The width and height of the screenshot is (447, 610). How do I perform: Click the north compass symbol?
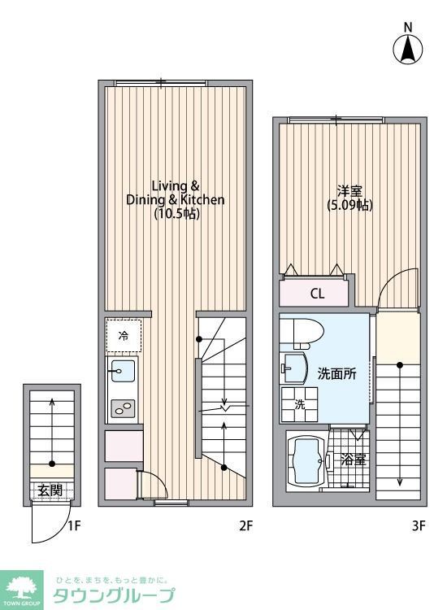pyautogui.click(x=408, y=48)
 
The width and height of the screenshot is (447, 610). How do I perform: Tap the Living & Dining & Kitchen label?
pyautogui.click(x=176, y=192)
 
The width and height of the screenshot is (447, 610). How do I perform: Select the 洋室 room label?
pyautogui.click(x=349, y=192)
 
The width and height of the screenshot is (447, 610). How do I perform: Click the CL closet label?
pyautogui.click(x=317, y=294)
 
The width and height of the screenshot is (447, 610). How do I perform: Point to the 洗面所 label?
pyautogui.click(x=336, y=374)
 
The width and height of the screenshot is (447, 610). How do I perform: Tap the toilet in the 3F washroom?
pyautogui.click(x=302, y=333)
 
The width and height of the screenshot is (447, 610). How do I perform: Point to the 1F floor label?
pyautogui.click(x=74, y=525)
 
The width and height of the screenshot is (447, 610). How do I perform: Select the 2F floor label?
pyautogui.click(x=246, y=525)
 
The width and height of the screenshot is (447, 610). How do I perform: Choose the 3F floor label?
pyautogui.click(x=418, y=525)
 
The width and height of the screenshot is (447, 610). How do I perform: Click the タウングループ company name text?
pyautogui.click(x=113, y=595)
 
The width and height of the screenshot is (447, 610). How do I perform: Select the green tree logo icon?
pyautogui.click(x=24, y=586)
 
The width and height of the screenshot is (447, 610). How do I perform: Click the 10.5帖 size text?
pyautogui.click(x=176, y=215)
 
